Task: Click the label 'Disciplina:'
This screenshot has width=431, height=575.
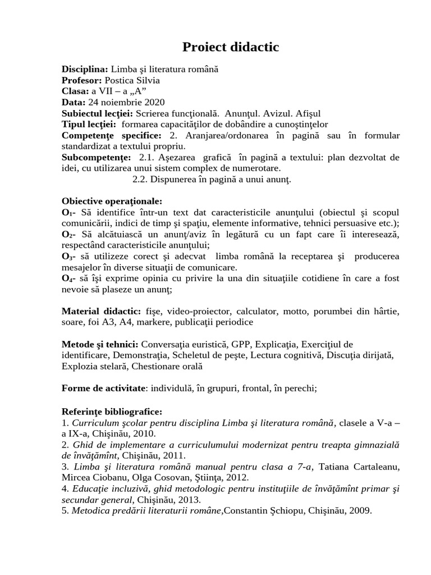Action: click(84, 70)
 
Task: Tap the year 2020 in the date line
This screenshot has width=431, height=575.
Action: click(154, 102)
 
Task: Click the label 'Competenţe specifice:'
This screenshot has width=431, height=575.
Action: click(111, 136)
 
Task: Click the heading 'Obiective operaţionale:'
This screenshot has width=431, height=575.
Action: click(112, 202)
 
